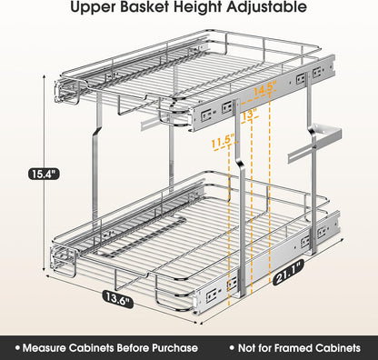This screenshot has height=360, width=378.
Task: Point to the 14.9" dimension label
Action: click(x=264, y=89)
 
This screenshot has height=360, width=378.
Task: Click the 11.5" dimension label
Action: click(x=221, y=141)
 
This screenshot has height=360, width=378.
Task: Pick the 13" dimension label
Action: click(x=249, y=115)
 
